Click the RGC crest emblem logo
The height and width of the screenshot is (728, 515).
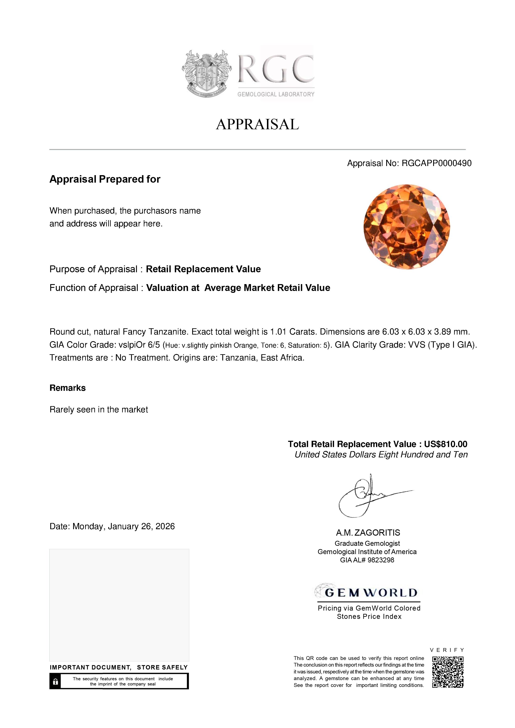coord(206,73)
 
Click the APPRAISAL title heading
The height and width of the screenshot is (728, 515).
coord(257,124)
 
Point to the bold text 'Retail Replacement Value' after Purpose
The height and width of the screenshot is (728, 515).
coord(203,269)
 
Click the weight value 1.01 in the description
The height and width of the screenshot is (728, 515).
coord(276,332)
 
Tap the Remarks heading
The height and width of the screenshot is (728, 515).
coord(68,388)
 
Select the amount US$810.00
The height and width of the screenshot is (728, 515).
coord(445,444)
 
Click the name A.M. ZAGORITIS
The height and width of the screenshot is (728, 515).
coord(368,533)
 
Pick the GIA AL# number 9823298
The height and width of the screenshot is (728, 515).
coord(381,560)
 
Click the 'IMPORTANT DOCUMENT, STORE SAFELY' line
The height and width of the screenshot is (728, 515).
coord(119,667)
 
